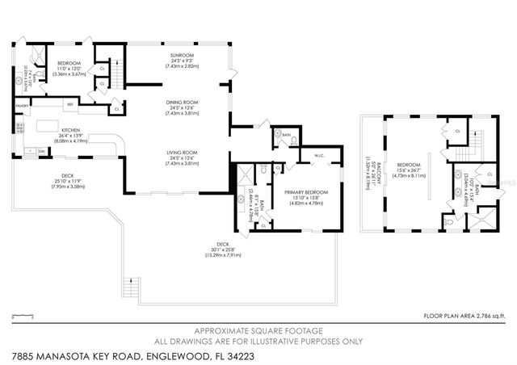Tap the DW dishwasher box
[x=40, y=150]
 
